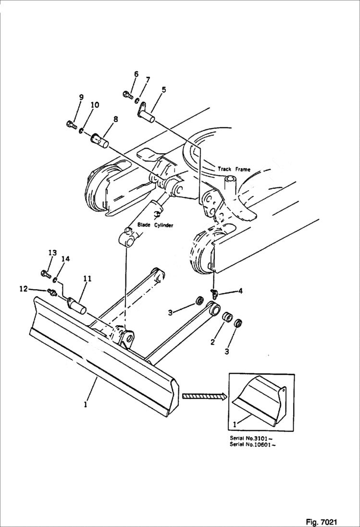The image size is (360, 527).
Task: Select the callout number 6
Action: click(136, 74)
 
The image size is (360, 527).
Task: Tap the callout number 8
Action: click(116, 119)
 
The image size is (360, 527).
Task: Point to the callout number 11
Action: click(87, 278)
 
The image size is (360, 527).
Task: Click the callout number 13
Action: click(52, 253)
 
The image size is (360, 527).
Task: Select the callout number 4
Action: click(240, 290)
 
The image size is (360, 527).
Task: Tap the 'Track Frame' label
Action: click(234, 169)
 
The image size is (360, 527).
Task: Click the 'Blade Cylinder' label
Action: click(155, 225)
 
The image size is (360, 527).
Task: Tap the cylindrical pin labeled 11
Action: click(76, 306)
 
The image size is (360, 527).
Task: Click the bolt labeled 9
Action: click(70, 125)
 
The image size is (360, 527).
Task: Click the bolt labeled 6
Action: click(128, 94)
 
